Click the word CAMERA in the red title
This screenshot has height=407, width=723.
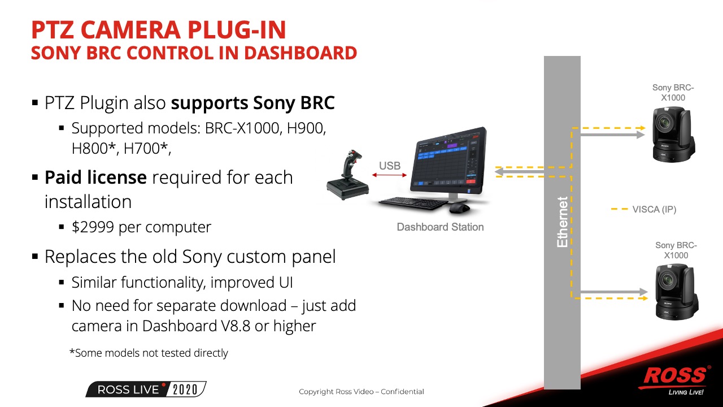point(130,30)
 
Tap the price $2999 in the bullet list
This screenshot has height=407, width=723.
point(93,227)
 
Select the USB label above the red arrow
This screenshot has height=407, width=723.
point(390,166)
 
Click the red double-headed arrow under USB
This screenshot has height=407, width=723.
point(389,175)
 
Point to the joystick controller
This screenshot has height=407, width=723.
point(348,175)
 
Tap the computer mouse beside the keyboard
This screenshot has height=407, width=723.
point(459,208)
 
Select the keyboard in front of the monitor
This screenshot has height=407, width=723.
point(412,203)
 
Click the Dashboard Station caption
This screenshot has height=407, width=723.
point(440,227)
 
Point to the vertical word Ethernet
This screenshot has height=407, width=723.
point(562,222)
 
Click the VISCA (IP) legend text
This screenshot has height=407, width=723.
point(654,209)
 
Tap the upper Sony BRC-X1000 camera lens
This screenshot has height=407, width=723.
point(664,123)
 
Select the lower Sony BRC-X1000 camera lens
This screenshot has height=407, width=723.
point(667,280)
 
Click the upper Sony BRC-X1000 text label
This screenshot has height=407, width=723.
point(673,92)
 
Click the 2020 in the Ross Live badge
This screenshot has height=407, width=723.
point(185,389)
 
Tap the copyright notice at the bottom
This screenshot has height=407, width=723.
point(361,392)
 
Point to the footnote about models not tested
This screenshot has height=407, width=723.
point(149,353)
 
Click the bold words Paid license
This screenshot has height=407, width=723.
point(95,177)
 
